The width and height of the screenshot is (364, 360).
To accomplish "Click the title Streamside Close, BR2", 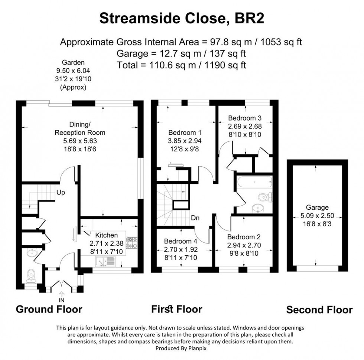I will pos(182,19).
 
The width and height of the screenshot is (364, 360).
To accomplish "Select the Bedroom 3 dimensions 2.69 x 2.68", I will pos(245,126).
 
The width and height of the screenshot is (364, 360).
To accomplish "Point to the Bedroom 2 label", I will pos(244,237).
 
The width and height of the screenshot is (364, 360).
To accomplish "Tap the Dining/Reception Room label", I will pos(80,128).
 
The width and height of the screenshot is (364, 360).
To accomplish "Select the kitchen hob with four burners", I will pos(132,243).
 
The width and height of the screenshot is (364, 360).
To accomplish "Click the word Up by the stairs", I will pos(61,192).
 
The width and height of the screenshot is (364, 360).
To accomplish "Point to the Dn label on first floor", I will pos(195,218).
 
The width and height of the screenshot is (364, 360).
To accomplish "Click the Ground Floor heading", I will pos(49,309).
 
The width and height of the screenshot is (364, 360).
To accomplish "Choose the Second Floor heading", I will pos(319,310).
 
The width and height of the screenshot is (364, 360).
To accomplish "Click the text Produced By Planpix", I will pos(182,348).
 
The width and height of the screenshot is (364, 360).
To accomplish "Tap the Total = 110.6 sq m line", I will pos(182,65).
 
